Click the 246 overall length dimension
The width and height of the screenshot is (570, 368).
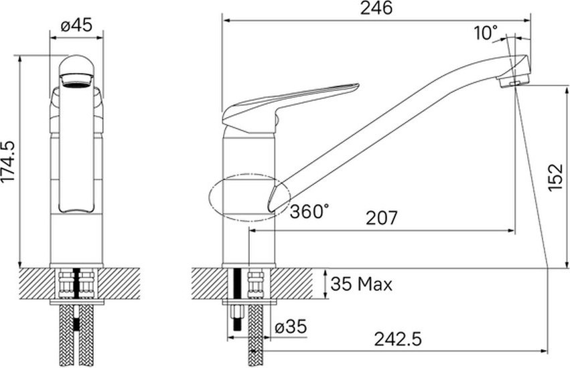[376, 8]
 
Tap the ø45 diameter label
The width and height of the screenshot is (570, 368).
[76, 26]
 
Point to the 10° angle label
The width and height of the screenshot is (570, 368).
[486, 33]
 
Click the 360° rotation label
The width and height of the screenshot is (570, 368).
[309, 211]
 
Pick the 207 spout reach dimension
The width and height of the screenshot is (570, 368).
[382, 218]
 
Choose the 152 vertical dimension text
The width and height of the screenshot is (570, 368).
[555, 177]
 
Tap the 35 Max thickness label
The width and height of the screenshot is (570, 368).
[361, 284]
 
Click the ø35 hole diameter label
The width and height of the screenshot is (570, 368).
[291, 327]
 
